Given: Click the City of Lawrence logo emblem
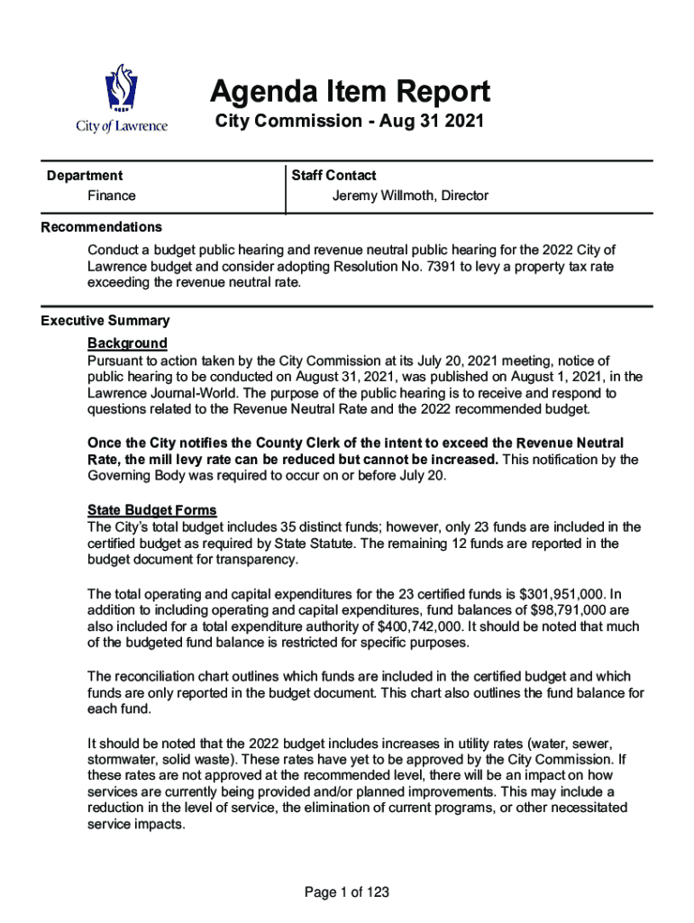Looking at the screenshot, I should pos(122,88).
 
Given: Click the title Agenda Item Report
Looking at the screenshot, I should pos(350,91).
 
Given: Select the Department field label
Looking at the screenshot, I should pos(85,176).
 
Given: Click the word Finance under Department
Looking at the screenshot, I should pos(112,196).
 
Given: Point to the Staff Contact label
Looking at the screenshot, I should pos(333,176).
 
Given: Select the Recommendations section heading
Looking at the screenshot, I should pos(102,227).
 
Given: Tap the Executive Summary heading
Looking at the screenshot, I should pos(105,321).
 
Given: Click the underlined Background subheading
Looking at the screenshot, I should pos(127,343).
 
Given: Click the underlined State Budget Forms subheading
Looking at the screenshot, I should pos(151,510).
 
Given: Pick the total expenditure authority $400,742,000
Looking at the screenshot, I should pos(407,626).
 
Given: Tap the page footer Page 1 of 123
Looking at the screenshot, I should pos(347,892).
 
